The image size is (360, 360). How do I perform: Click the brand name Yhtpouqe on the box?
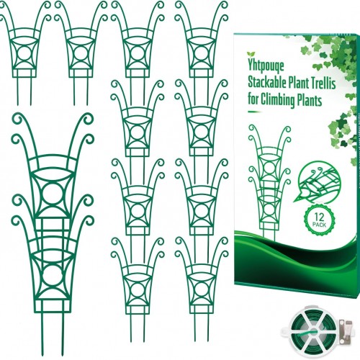[266, 66]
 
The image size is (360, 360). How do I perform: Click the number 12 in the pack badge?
[320, 217]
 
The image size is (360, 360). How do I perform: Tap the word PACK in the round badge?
[320, 225]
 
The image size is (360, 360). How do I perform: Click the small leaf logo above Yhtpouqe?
[251, 54]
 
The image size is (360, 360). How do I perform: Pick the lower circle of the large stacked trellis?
[53, 275]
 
